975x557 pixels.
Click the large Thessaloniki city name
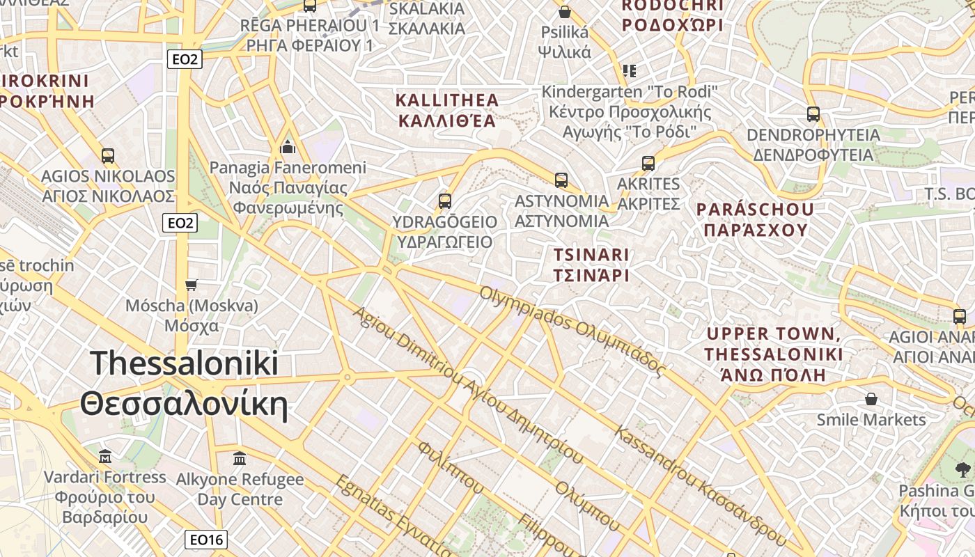click(x=185, y=384)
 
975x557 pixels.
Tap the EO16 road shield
click(x=207, y=540)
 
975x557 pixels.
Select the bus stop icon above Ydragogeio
click(x=445, y=201)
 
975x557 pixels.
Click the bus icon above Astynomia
click(x=561, y=180)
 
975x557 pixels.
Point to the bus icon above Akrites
click(x=648, y=164)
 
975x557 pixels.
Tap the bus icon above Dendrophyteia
click(x=813, y=114)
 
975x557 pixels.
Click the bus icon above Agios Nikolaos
click(x=108, y=155)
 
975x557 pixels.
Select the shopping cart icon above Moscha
click(x=192, y=285)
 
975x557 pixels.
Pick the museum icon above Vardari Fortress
click(x=105, y=457)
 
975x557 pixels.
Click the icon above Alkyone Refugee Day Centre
click(x=240, y=459)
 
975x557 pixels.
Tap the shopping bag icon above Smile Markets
click(x=871, y=399)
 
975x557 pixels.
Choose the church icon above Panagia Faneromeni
click(x=288, y=147)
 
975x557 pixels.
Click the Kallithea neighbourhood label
click(x=446, y=110)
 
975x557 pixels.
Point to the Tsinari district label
click(x=591, y=265)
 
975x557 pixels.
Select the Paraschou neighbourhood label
click(x=755, y=219)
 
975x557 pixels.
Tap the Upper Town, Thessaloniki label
click(x=773, y=354)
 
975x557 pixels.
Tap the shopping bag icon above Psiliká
click(x=565, y=12)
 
